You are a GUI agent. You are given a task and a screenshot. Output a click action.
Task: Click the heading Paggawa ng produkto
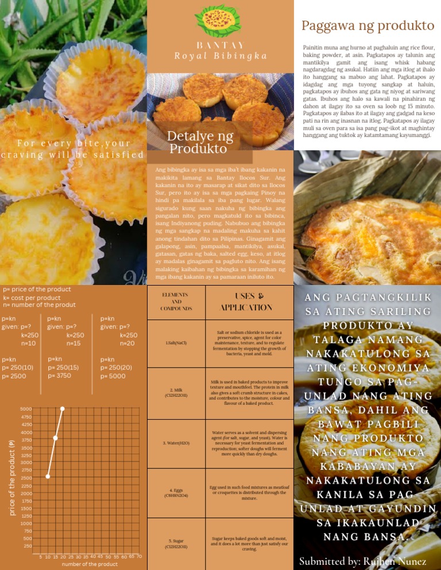click(x=367, y=26)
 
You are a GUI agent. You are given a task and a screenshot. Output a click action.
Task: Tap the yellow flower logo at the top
click(x=220, y=22)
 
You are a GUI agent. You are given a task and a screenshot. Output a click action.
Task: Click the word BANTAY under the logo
click(x=220, y=45)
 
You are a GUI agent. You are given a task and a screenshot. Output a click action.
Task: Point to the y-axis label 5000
click(x=26, y=409)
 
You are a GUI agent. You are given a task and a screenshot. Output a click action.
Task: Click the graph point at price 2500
click(x=48, y=476)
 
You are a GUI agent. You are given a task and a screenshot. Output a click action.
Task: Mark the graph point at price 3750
click(x=55, y=438)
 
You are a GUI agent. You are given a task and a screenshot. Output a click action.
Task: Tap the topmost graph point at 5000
click(x=63, y=408)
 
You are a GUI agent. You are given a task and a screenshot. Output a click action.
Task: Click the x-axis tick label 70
click(x=140, y=556)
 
